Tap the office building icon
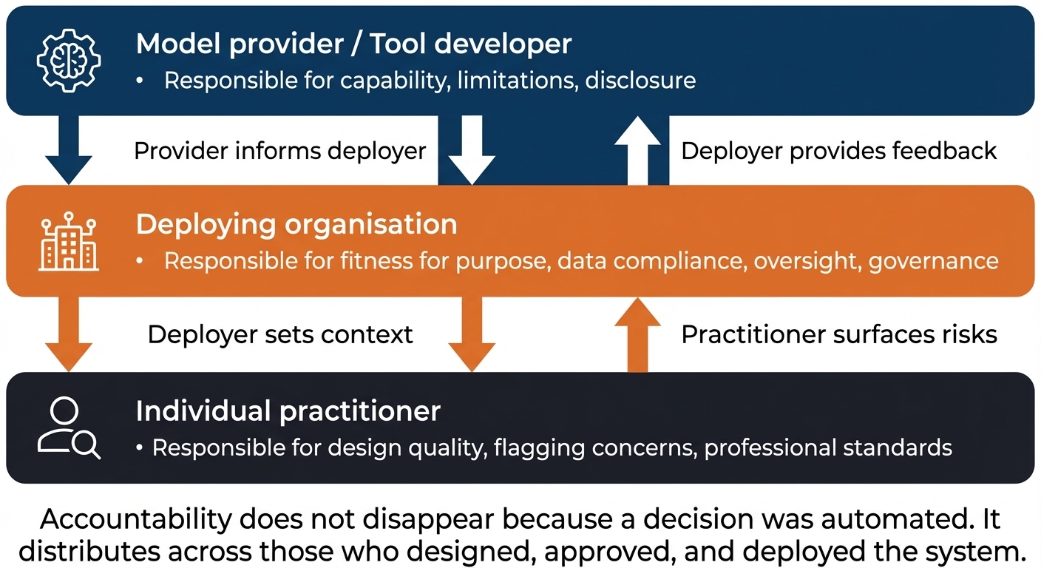[69, 243]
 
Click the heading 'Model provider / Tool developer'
[353, 44]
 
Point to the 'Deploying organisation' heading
[296, 224]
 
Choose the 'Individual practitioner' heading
[288, 410]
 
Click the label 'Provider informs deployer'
[279, 151]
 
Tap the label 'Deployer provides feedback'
[838, 151]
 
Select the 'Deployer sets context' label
[279, 334]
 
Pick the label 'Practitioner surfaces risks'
[838, 334]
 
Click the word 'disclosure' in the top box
[640, 80]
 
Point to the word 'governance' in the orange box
[933, 261]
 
